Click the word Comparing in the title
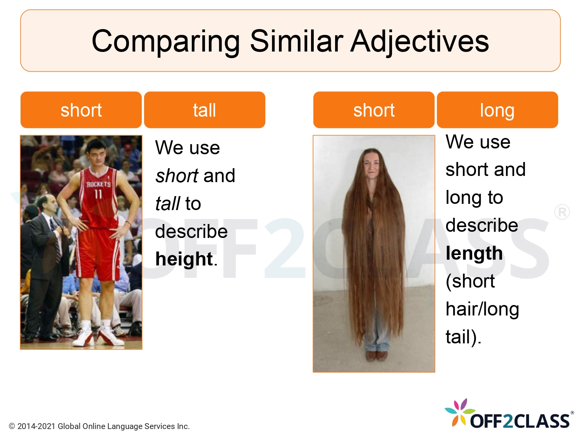pyautogui.click(x=166, y=41)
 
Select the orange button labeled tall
pyautogui.click(x=205, y=110)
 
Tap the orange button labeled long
pyautogui.click(x=497, y=110)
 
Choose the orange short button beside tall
pyautogui.click(x=81, y=110)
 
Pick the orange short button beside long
pyautogui.click(x=374, y=110)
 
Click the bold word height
pyautogui.click(x=184, y=259)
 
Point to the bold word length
pyautogui.click(x=474, y=253)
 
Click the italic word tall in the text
pyautogui.click(x=167, y=203)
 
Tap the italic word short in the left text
pyautogui.click(x=177, y=176)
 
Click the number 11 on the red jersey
pyautogui.click(x=98, y=194)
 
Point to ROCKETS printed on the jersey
pyautogui.click(x=98, y=184)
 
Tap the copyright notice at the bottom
pyautogui.click(x=99, y=426)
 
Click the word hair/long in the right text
pyautogui.click(x=482, y=309)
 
